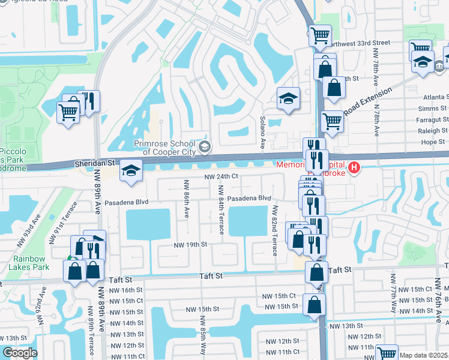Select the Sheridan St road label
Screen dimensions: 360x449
[x=94, y=163]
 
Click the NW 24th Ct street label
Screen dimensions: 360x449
[x=221, y=177]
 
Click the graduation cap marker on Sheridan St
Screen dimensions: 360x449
[x=130, y=171]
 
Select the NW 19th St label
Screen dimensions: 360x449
[x=190, y=245]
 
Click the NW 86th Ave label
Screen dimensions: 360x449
[x=187, y=199]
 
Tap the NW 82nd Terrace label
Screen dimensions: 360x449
[x=275, y=230]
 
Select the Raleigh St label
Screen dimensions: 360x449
[x=433, y=130]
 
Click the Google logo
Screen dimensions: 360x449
[x=20, y=353]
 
